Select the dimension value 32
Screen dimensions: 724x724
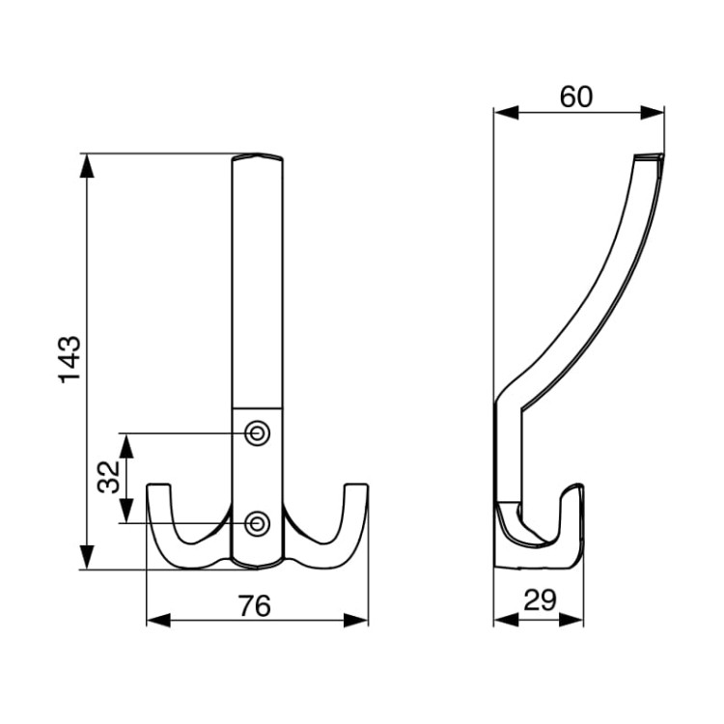pyautogui.click(x=109, y=478)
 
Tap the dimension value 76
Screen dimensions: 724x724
pyautogui.click(x=255, y=606)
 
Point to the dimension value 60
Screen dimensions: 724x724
pyautogui.click(x=575, y=97)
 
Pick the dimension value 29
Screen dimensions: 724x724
pyautogui.click(x=540, y=600)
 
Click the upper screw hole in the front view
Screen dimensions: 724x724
pyautogui.click(x=257, y=433)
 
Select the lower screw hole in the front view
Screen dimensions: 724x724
pyautogui.click(x=257, y=523)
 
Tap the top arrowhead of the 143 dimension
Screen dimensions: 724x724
pyautogui.click(x=87, y=166)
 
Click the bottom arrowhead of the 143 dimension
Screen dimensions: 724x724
pyautogui.click(x=87, y=557)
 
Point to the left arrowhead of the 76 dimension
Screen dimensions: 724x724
pyautogui.click(x=158, y=621)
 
